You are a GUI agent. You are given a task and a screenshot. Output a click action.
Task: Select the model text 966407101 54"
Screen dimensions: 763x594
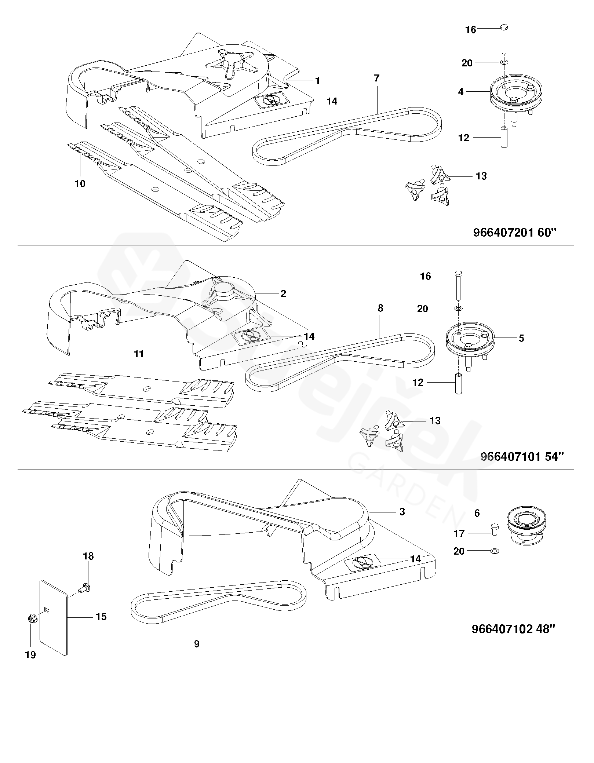coord(522,457)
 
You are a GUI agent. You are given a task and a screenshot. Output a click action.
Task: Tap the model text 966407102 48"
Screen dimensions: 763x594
coord(513,629)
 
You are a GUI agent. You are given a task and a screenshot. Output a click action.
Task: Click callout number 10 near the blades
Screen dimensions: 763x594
coord(80,184)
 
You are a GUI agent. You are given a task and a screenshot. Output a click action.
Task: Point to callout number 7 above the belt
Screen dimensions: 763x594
coord(376,78)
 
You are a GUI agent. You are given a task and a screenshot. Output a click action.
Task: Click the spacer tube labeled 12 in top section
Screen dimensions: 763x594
coord(504,137)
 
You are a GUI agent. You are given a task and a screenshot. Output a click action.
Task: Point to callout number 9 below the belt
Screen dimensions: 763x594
coord(197,644)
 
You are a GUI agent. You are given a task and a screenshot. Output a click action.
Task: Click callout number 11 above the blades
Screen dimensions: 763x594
coord(139,354)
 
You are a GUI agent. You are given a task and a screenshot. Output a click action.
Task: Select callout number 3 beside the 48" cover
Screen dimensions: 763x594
coord(402,512)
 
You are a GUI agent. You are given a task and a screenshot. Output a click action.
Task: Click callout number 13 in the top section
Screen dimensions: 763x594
coord(481,176)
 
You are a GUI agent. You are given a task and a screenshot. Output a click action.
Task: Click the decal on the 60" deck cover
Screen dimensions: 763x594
coord(272,99)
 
